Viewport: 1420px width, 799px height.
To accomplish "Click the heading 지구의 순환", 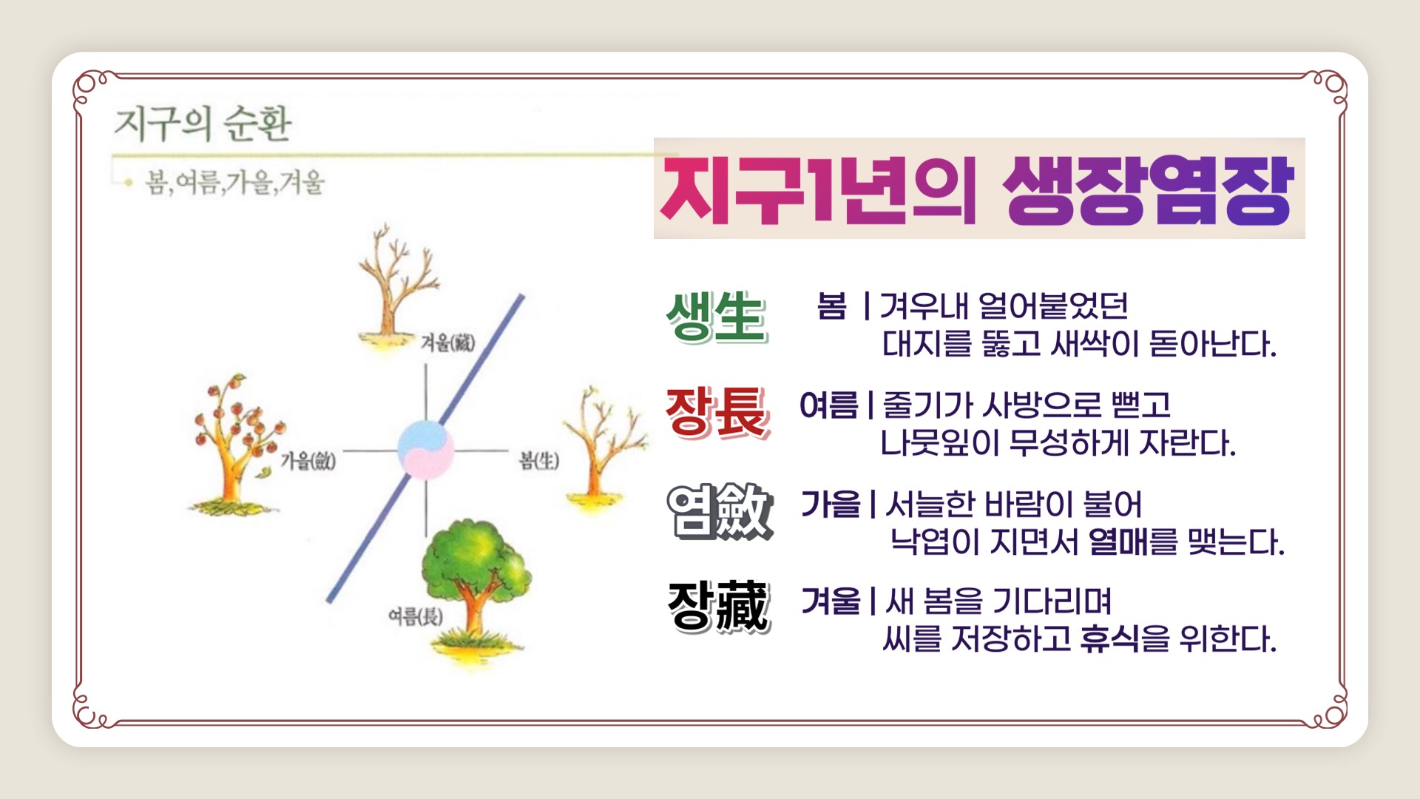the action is point(203,123).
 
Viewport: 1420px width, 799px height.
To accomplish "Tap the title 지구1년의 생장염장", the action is point(977,189).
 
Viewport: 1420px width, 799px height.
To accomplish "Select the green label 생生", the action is point(716,317).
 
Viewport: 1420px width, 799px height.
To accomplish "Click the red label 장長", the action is point(717,412).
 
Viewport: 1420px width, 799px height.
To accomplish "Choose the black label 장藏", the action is point(718,607).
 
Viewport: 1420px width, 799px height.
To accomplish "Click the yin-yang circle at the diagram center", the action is point(425,449).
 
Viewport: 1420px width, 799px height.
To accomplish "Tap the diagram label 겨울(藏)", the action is point(447,342).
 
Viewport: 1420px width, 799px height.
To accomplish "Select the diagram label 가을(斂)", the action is point(308,461).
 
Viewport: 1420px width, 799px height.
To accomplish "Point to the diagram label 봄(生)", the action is point(539,460).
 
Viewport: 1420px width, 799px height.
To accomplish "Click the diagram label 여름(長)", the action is point(416,616).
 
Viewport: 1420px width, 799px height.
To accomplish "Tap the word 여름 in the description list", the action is point(829,405).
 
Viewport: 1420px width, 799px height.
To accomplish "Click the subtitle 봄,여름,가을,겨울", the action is point(235,182).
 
